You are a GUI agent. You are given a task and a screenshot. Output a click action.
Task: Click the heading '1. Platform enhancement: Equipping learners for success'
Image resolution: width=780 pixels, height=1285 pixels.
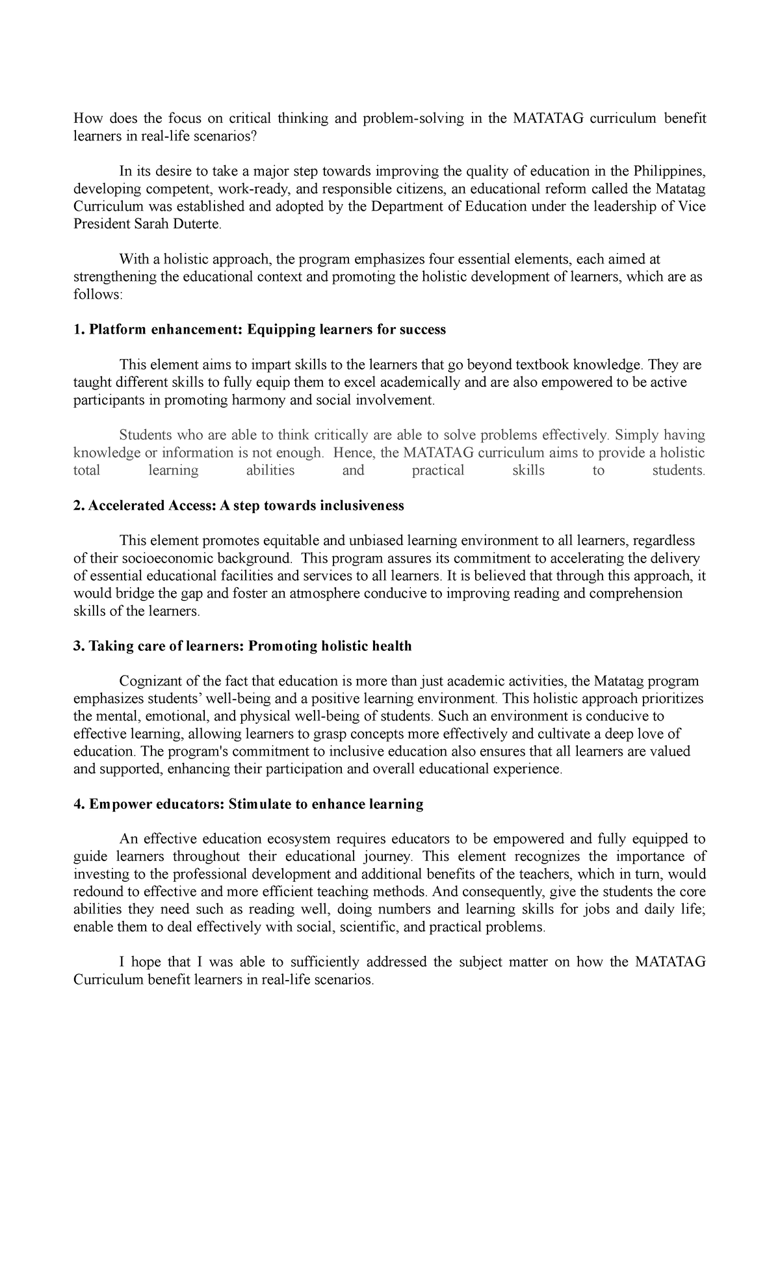259,330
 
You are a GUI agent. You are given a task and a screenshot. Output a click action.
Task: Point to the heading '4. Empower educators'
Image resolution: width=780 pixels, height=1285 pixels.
148,804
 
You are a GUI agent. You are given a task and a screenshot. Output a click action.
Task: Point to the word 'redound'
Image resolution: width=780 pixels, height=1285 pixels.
98,892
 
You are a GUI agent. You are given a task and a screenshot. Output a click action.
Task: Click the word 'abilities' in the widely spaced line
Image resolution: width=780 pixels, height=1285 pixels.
270,470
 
